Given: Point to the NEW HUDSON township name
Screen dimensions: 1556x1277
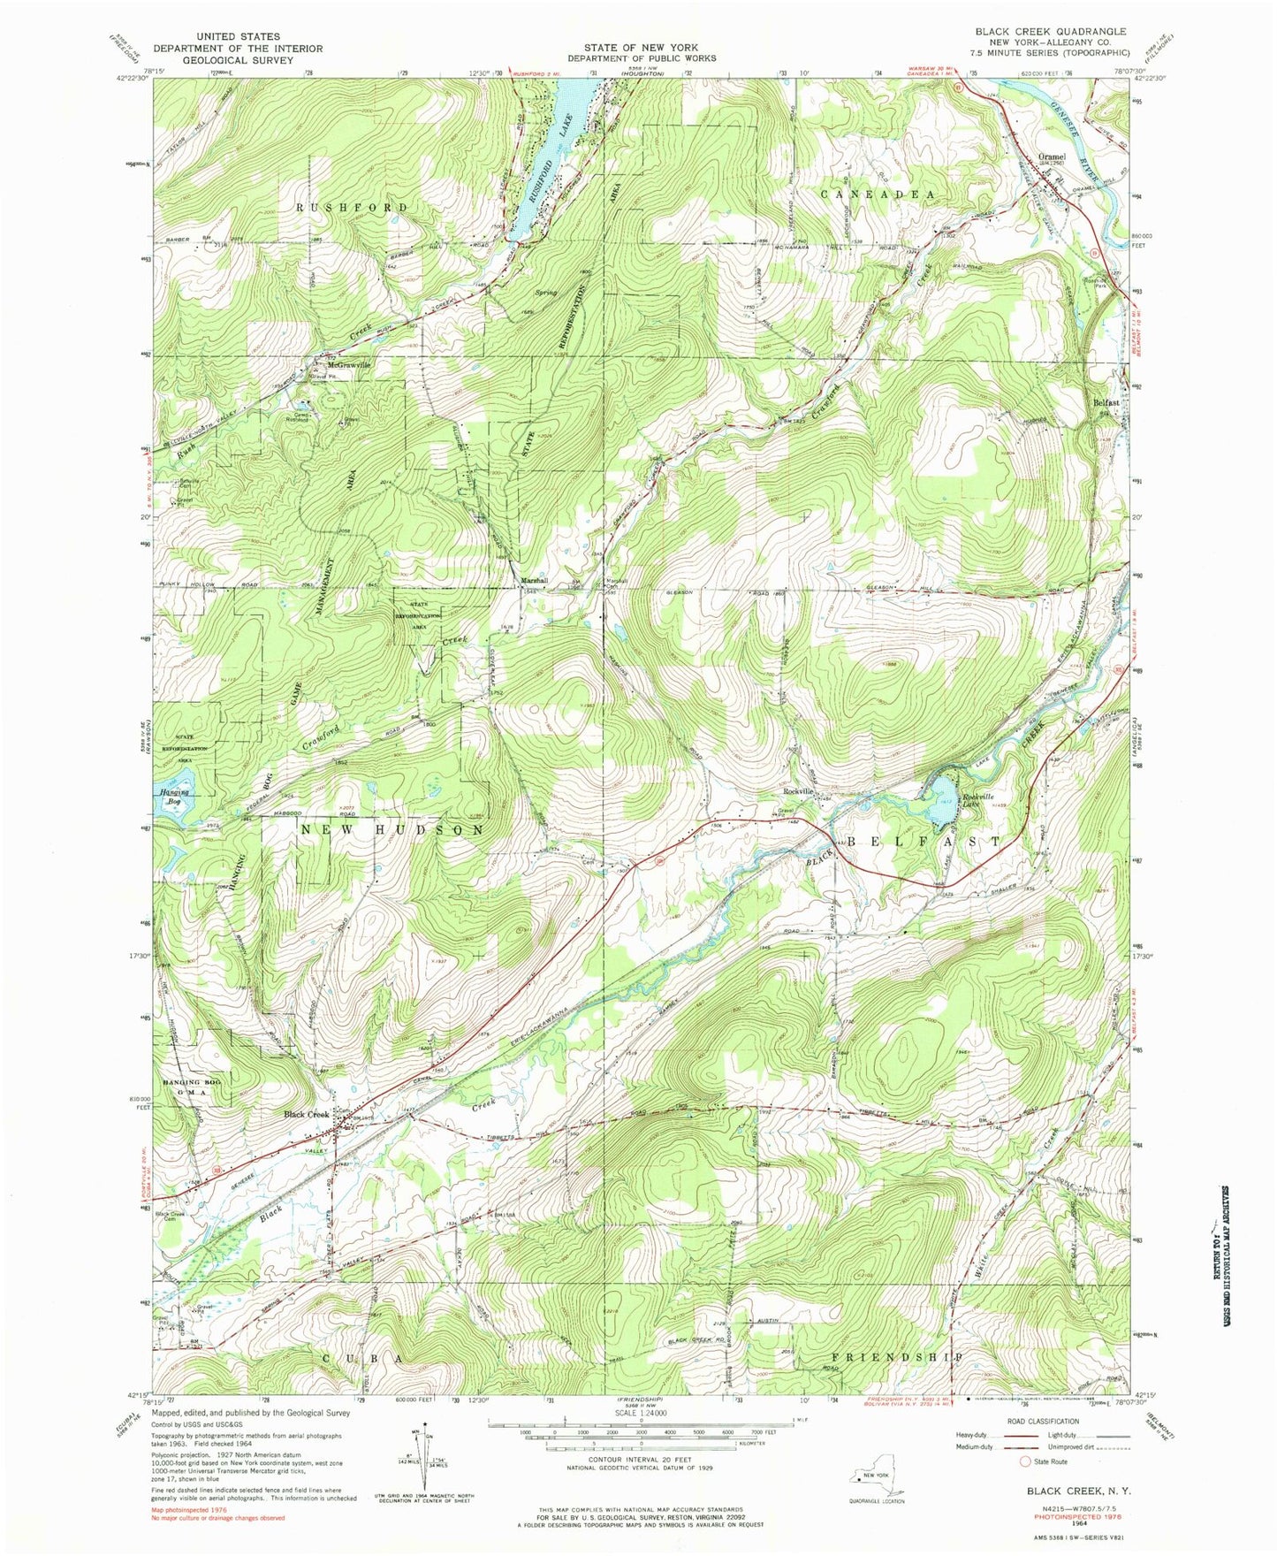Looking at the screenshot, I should coord(392,830).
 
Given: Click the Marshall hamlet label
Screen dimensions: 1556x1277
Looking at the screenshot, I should coord(533,581).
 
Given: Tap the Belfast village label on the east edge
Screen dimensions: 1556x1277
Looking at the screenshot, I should coord(1106,402).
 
